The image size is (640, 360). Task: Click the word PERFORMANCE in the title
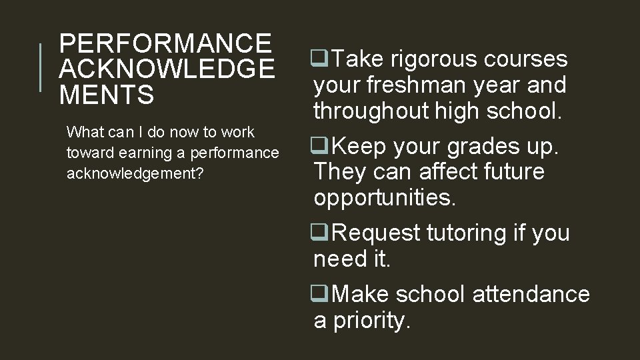click(165, 43)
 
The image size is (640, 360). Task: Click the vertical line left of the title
click(41, 67)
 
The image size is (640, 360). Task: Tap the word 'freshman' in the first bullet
click(436, 85)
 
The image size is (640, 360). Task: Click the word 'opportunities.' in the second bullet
click(385, 197)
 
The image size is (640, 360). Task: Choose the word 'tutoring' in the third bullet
click(469, 233)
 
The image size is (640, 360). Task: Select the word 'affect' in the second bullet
click(449, 171)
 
